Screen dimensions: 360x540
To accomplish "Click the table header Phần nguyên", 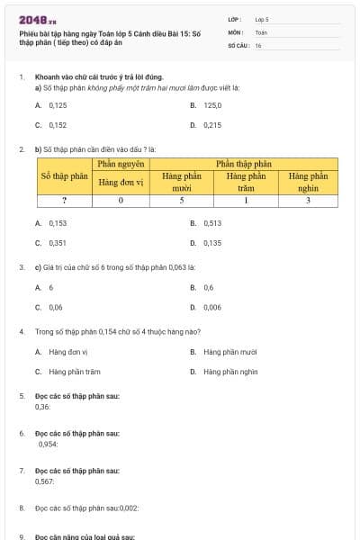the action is click(x=121, y=164).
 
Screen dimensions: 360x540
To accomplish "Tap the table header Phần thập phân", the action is click(x=243, y=164).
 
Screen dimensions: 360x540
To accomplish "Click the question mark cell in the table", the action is click(x=65, y=201).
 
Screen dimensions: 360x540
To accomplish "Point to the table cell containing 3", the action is click(x=308, y=201).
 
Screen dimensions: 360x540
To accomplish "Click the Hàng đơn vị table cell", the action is click(x=121, y=182).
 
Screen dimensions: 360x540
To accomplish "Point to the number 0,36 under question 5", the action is click(x=42, y=407).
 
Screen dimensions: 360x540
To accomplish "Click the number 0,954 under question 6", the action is click(x=48, y=444).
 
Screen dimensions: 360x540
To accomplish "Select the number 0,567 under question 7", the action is click(x=45, y=481).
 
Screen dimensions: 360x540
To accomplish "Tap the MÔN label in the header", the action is click(x=235, y=31).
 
